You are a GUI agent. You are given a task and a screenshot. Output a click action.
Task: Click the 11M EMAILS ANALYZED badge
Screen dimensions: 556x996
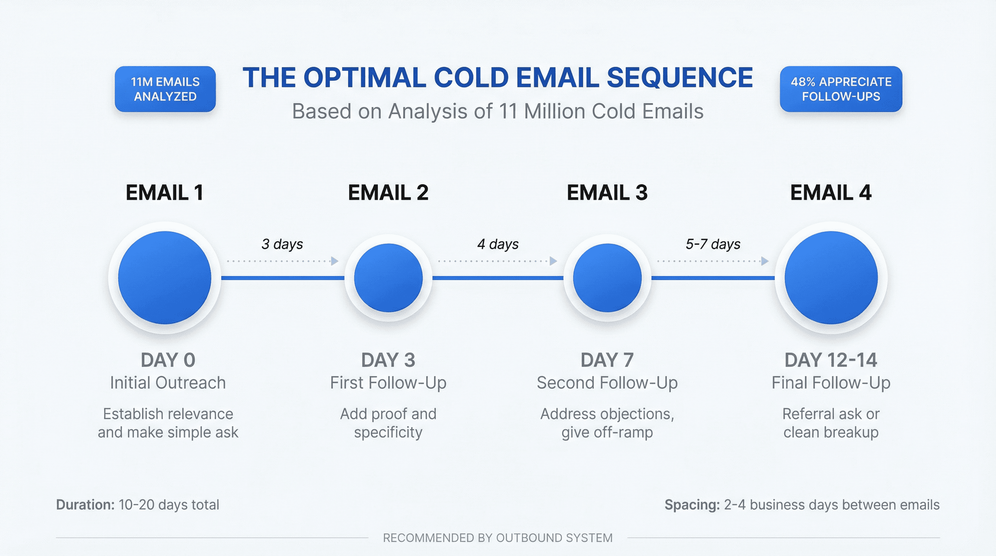(165, 89)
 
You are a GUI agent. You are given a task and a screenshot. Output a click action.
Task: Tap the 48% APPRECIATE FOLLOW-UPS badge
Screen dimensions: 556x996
(841, 89)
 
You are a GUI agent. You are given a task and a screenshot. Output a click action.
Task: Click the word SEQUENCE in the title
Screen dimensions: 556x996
(679, 77)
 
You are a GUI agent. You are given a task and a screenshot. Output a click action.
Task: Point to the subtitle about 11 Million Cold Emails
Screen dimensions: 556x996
(497, 111)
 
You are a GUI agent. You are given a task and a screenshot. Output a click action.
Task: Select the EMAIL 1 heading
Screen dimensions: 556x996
(165, 193)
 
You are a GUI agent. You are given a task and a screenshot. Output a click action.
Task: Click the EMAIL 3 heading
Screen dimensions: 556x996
(607, 193)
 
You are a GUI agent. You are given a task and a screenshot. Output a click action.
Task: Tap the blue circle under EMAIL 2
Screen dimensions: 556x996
(388, 278)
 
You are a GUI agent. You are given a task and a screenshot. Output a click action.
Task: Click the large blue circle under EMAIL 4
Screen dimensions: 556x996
(831, 278)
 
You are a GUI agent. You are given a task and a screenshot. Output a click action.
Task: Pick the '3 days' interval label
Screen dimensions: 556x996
(282, 244)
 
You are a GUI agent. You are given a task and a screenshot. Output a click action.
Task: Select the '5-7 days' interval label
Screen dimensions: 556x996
(713, 244)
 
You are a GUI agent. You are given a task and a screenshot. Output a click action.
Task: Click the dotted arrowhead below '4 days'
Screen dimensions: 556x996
(553, 261)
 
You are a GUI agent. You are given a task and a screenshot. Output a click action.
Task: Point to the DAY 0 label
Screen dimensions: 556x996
(168, 360)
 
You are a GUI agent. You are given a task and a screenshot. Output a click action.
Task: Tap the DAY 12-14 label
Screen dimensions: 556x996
(831, 360)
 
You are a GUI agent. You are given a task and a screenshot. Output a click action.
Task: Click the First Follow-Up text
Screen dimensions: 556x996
(388, 383)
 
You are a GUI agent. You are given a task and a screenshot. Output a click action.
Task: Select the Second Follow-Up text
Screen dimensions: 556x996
(607, 383)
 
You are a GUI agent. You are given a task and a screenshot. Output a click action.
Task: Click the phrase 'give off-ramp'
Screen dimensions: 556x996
(607, 432)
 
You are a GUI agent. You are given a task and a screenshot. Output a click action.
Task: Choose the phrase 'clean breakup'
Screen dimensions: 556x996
(831, 432)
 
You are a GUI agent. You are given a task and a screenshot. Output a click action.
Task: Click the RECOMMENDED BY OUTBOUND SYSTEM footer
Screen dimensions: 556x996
(498, 538)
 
